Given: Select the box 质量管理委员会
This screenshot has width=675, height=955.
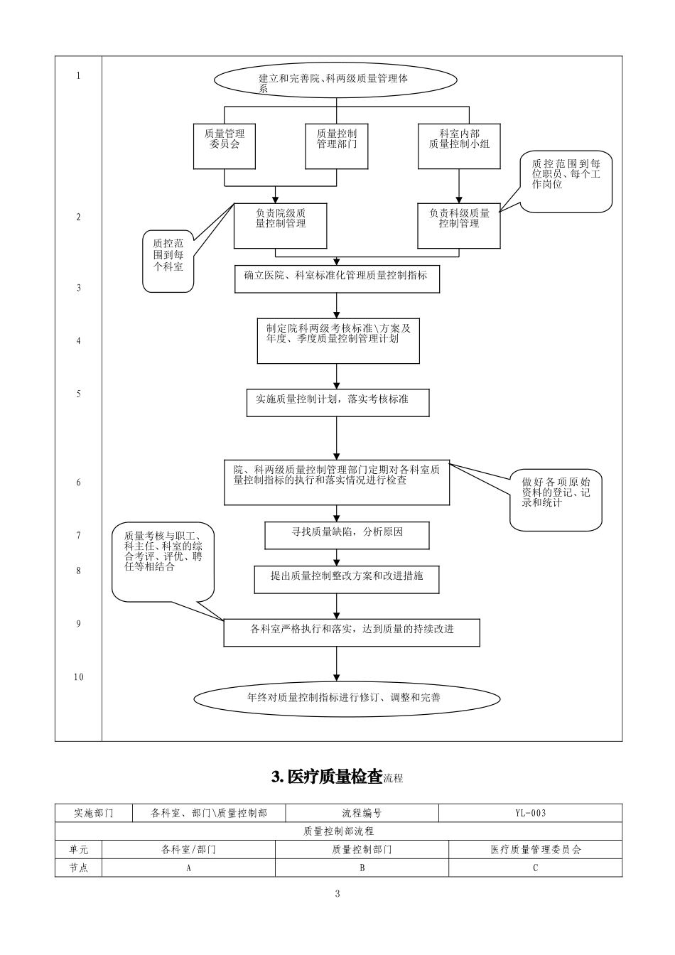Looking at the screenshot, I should pos(225,145).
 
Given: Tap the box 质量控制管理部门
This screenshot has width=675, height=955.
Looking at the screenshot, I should pos(336,145).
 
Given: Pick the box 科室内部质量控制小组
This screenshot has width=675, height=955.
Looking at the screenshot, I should pos(459,145).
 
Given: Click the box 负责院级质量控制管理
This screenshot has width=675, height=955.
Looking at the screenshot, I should pos(280,225).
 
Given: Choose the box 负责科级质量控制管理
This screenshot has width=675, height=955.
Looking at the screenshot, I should pos(458,225).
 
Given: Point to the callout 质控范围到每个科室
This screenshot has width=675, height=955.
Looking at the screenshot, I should pos(168,260).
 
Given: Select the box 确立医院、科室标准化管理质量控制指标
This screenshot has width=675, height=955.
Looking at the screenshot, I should pos(337,279).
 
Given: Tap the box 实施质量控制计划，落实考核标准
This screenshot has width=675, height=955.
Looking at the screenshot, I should pos(337,402).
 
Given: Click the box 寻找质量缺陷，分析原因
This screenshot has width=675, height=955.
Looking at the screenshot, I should pos(347,535).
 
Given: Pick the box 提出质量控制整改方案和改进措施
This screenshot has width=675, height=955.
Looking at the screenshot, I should pos(347,579).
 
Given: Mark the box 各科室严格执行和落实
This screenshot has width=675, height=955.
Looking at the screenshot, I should pos(352,632).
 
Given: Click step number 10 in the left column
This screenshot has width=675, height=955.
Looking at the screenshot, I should pos(78,677).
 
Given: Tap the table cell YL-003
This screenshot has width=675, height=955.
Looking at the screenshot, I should pos(530,813).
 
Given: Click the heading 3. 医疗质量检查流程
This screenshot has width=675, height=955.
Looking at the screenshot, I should pos(337,777).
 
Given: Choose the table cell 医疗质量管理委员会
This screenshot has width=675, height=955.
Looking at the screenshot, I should pos(535,849).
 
